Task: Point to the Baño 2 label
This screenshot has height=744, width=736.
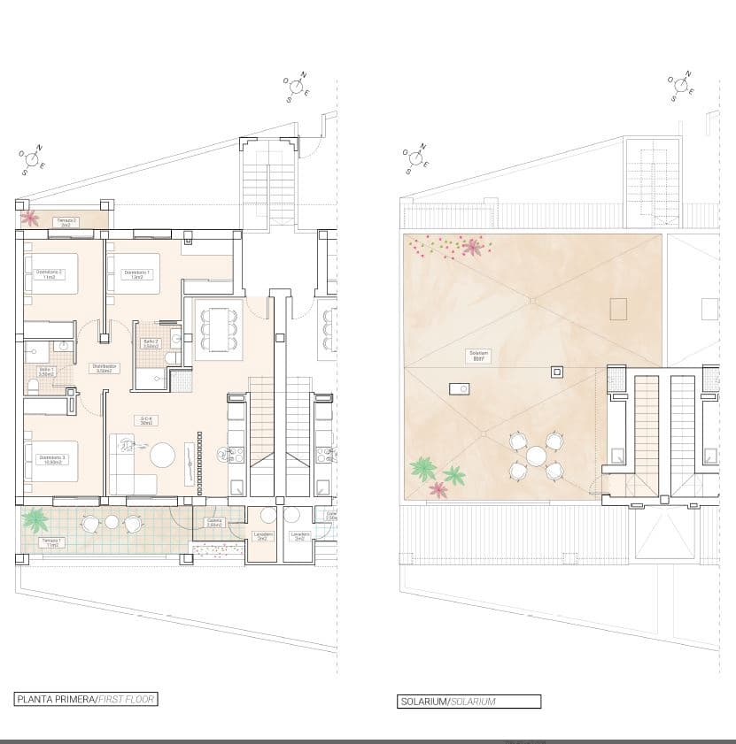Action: pyautogui.click(x=151, y=342)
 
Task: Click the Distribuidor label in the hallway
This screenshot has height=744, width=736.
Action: pyautogui.click(x=103, y=368)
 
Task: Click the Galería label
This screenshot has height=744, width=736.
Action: pyautogui.click(x=213, y=522)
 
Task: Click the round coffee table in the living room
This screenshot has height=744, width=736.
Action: pyautogui.click(x=162, y=455)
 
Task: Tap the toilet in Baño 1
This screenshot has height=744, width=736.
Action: pyautogui.click(x=33, y=385)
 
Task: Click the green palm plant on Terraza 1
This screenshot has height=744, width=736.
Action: pyautogui.click(x=36, y=518)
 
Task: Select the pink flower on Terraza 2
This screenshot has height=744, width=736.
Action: pyautogui.click(x=29, y=217)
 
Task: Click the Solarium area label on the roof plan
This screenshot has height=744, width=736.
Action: pyautogui.click(x=479, y=355)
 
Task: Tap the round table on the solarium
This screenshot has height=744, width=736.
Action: pyautogui.click(x=536, y=456)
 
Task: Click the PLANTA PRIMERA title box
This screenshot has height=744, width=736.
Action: pyautogui.click(x=86, y=699)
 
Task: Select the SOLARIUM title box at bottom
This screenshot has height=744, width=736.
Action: pyautogui.click(x=469, y=702)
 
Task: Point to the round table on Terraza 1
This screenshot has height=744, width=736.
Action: pyautogui.click(x=112, y=522)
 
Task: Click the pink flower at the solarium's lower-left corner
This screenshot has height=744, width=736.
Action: pyautogui.click(x=438, y=488)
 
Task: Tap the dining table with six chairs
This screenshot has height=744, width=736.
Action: pyautogui.click(x=216, y=329)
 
